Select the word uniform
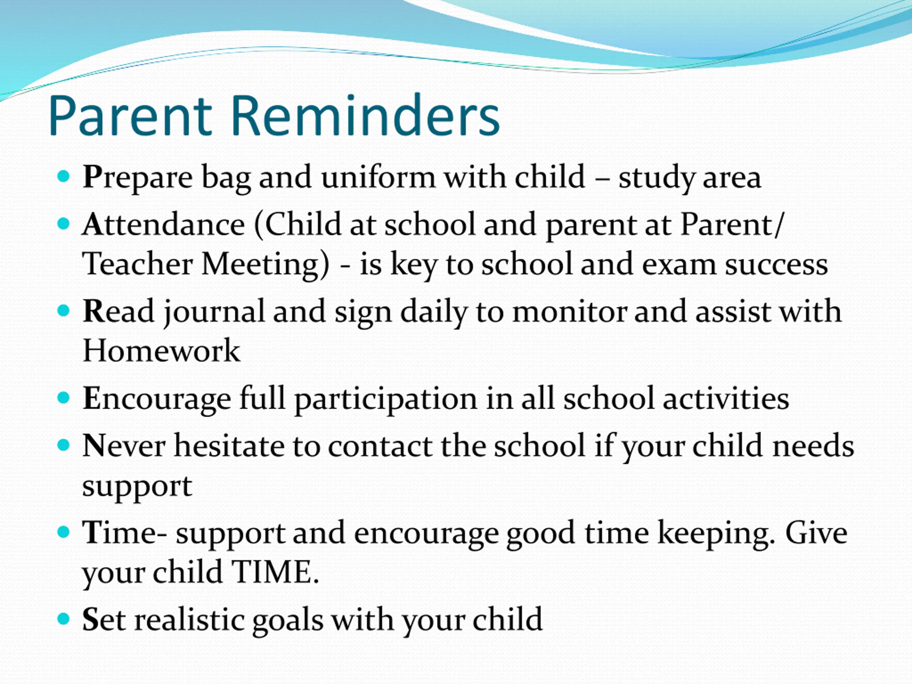point(378,177)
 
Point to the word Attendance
point(164,225)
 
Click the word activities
point(726,399)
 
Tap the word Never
point(124,446)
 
